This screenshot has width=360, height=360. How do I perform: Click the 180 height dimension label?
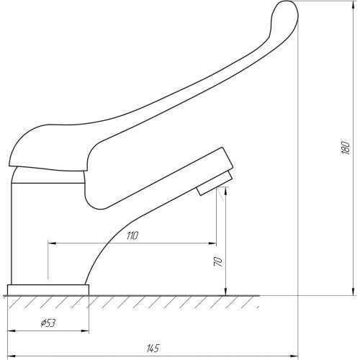(x=346, y=148)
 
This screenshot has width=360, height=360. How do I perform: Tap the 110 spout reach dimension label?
(x=132, y=235)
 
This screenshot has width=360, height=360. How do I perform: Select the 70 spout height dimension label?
(x=218, y=261)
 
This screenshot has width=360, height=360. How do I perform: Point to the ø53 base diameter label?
(x=48, y=323)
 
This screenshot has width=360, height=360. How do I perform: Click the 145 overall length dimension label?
(x=153, y=348)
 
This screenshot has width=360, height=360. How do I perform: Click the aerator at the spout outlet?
(x=215, y=184)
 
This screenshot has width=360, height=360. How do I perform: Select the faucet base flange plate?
(x=48, y=290)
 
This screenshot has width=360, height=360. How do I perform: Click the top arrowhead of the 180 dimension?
(x=353, y=5)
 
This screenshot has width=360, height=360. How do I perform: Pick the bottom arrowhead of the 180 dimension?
(x=353, y=292)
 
